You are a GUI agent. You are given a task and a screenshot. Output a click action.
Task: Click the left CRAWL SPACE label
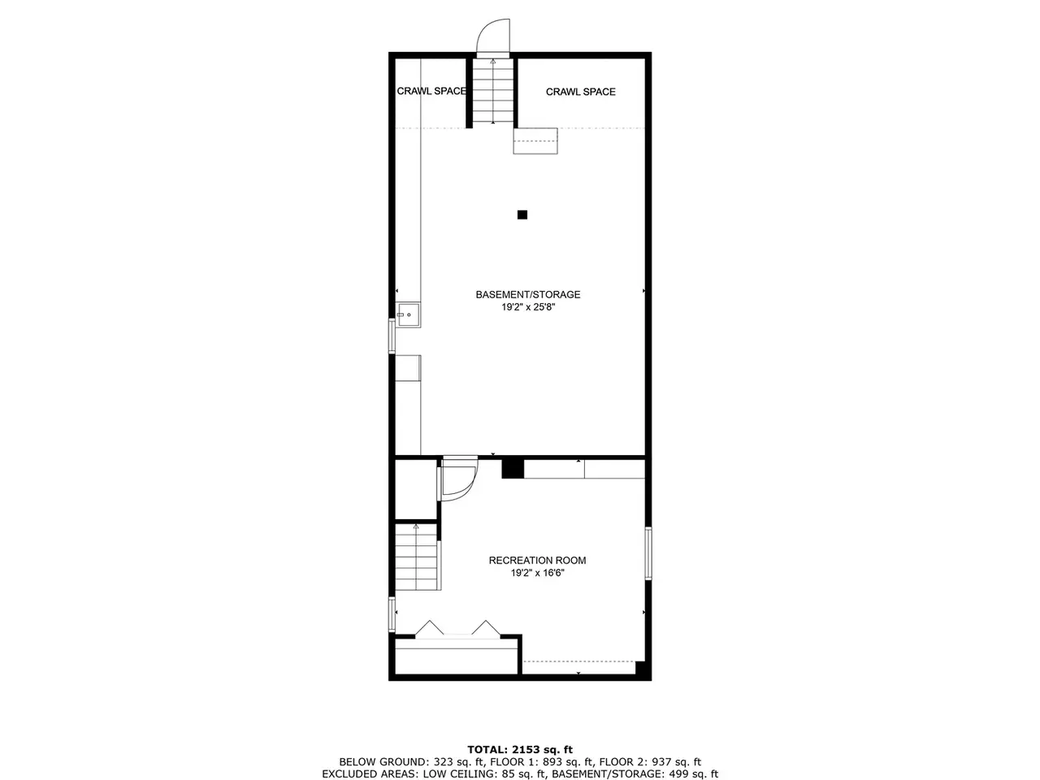(431, 91)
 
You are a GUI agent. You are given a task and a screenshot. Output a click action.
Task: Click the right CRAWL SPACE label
(580, 92)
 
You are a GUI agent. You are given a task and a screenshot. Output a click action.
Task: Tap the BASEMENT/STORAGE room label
(528, 295)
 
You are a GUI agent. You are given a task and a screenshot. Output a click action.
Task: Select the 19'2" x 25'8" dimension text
(528, 307)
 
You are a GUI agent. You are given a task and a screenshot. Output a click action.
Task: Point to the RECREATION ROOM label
(537, 561)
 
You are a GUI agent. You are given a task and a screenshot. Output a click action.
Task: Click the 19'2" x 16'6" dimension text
(537, 573)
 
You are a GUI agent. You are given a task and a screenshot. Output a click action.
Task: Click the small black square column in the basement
(522, 214)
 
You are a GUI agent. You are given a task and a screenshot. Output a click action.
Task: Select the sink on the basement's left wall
(409, 315)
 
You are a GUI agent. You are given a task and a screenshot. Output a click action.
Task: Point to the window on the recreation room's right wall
(648, 553)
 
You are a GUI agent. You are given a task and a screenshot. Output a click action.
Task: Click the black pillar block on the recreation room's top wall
(513, 468)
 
